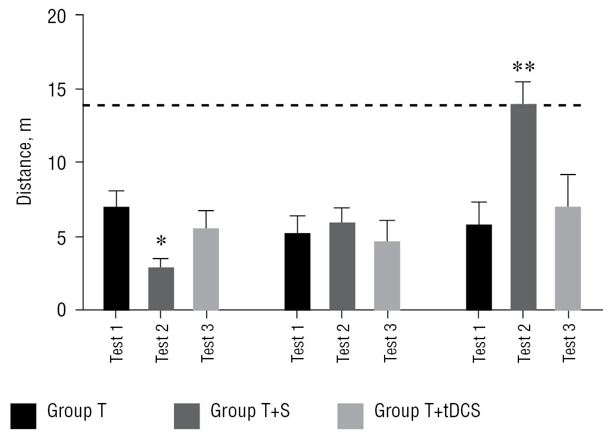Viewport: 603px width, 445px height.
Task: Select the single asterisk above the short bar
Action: click(161, 241)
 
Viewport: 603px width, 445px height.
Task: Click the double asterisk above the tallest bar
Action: click(523, 66)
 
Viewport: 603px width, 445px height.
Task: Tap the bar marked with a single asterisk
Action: click(161, 289)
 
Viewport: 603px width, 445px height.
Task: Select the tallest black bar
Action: click(116, 259)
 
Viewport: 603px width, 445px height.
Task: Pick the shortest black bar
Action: click(297, 272)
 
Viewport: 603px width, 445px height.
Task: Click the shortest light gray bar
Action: click(388, 276)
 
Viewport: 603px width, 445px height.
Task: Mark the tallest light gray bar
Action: click(567, 259)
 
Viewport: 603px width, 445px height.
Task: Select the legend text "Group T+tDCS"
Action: click(427, 411)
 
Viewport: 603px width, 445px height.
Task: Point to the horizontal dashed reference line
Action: click(296, 105)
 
